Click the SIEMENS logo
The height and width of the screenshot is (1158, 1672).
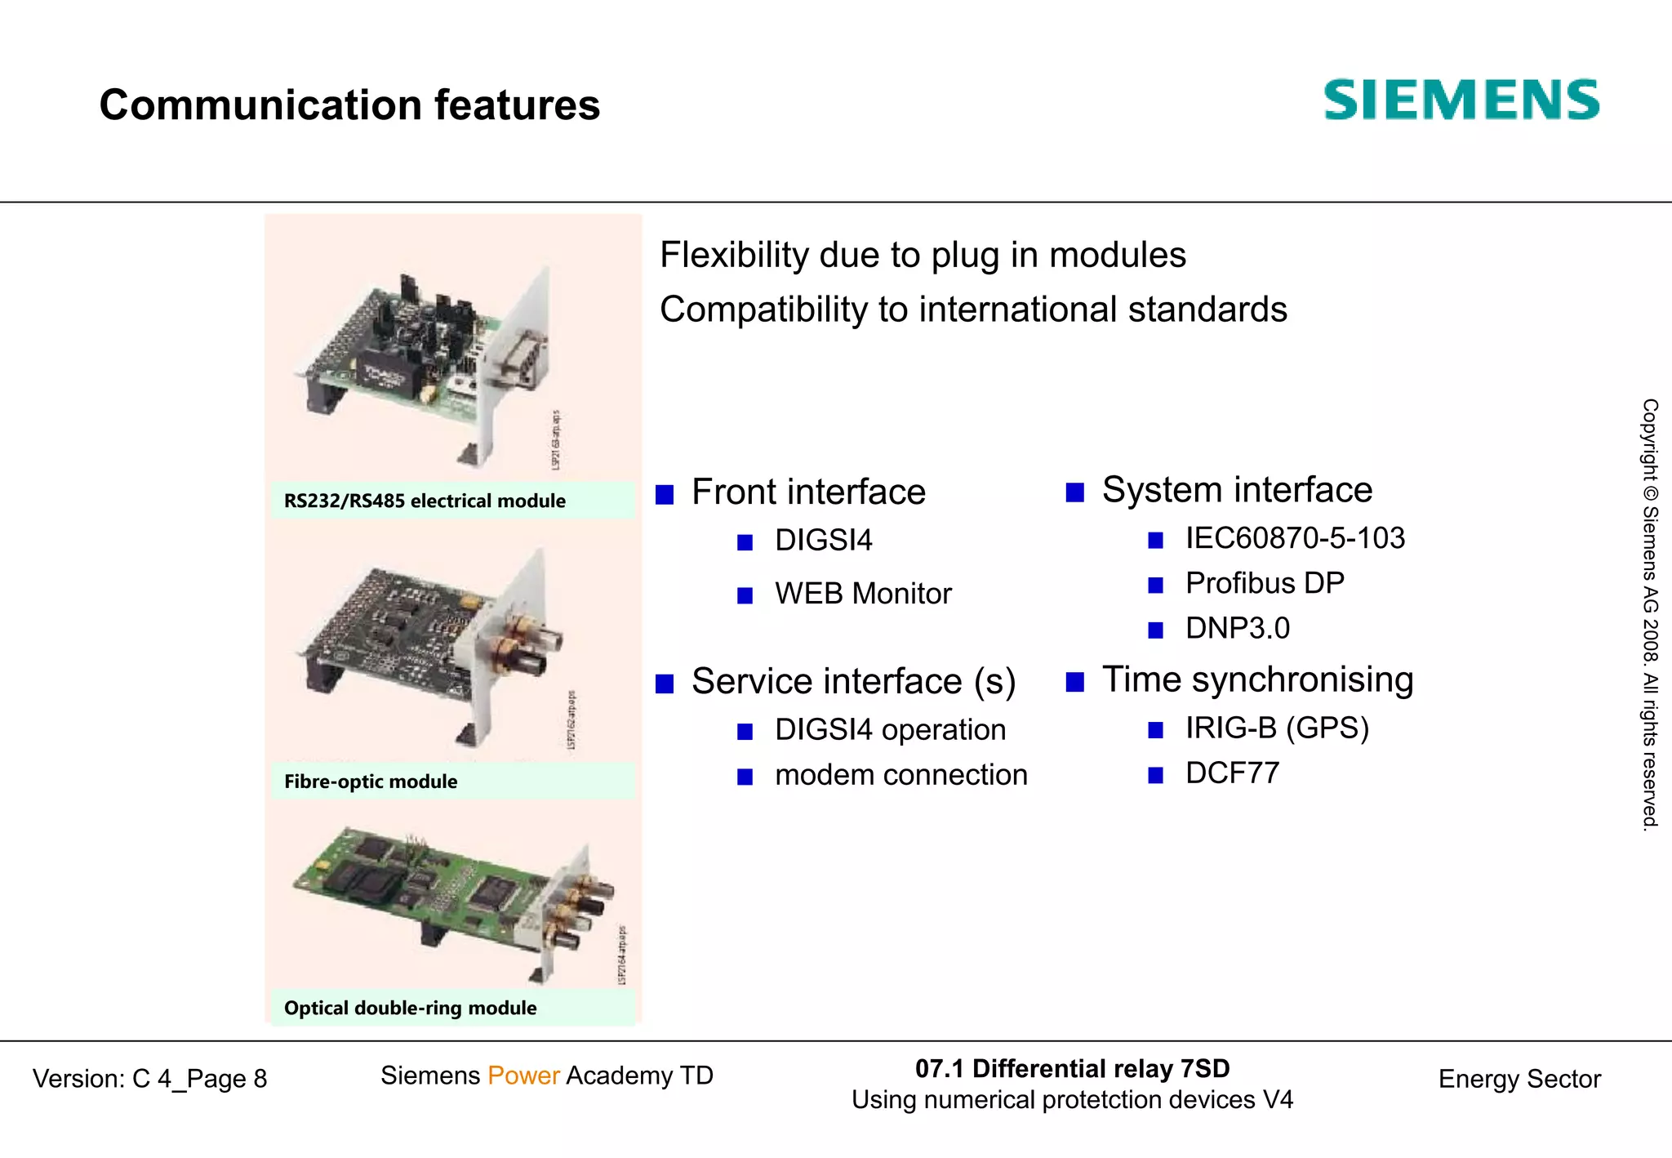click(x=1461, y=100)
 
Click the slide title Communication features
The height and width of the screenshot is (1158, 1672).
click(x=349, y=105)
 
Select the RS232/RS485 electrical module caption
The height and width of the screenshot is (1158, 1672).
click(x=425, y=501)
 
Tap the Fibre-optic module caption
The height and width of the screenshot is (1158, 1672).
click(x=371, y=782)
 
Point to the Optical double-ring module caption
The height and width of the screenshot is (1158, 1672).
click(x=411, y=1008)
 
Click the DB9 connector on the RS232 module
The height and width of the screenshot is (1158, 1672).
click(x=519, y=356)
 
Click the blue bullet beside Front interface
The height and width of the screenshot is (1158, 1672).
click(x=665, y=494)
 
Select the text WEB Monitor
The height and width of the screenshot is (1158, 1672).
click(x=863, y=594)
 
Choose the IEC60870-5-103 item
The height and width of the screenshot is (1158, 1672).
click(x=1295, y=538)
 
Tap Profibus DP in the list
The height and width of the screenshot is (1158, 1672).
click(x=1265, y=583)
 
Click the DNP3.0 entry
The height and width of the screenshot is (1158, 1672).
click(x=1238, y=628)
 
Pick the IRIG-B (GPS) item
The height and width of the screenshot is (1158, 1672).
click(x=1277, y=728)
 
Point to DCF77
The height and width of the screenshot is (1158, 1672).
click(x=1232, y=773)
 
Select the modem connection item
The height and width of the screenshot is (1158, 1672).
click(x=901, y=774)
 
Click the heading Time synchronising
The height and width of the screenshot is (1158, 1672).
click(x=1257, y=679)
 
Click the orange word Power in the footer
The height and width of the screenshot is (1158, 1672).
click(x=523, y=1076)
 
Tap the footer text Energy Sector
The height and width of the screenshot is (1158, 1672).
click(x=1519, y=1079)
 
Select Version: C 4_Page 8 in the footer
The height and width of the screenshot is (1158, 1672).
click(x=150, y=1079)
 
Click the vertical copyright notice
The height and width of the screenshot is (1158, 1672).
click(x=1650, y=614)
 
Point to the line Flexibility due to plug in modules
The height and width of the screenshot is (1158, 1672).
click(x=923, y=255)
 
